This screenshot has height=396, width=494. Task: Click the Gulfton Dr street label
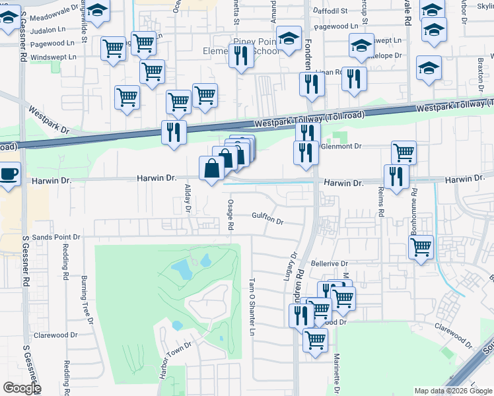click(267, 221)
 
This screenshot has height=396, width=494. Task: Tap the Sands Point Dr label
click(56, 236)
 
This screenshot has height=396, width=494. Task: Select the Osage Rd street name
click(230, 214)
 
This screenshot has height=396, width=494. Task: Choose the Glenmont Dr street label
click(341, 147)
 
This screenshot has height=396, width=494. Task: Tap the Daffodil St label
click(331, 11)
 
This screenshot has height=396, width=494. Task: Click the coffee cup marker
click(7, 175)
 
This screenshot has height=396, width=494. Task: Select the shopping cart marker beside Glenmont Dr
click(404, 153)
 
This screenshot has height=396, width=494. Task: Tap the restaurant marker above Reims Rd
click(396, 176)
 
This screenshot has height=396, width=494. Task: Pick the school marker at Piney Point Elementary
click(289, 38)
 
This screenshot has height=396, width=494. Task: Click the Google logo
click(21, 388)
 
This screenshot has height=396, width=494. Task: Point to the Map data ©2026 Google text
click(452, 391)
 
